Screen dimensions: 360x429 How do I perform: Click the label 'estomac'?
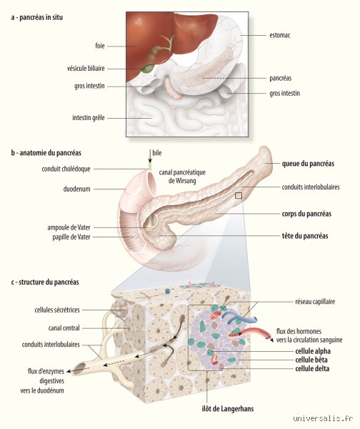pyautogui.click(x=279, y=35)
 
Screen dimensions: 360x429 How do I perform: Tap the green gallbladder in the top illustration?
pyautogui.click(x=148, y=68)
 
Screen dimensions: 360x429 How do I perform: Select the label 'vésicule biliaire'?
pyautogui.click(x=86, y=69)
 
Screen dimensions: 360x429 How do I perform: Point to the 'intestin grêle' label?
pyautogui.click(x=89, y=118)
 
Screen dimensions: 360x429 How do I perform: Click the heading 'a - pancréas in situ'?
pyautogui.click(x=37, y=17)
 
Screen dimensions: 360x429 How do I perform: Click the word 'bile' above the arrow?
pyautogui.click(x=157, y=153)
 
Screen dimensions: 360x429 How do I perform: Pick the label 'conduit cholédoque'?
pyautogui.click(x=66, y=169)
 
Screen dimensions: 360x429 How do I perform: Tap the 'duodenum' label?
pyautogui.click(x=76, y=189)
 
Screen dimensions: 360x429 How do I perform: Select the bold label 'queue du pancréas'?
pyautogui.click(x=308, y=164)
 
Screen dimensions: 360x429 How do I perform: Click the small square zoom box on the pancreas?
pyautogui.click(x=239, y=195)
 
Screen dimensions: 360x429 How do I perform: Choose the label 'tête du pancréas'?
pyautogui.click(x=305, y=236)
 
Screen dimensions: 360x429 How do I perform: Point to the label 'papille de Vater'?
pyautogui.click(x=71, y=237)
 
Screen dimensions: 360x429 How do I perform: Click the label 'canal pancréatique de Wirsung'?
pyautogui.click(x=182, y=177)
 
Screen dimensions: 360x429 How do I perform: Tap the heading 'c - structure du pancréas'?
pyautogui.click(x=45, y=282)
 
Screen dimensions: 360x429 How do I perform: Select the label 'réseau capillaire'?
pyautogui.click(x=315, y=302)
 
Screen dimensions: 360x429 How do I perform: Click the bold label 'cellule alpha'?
pyautogui.click(x=313, y=351)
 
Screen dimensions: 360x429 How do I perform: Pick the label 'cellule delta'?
pyautogui.click(x=312, y=368)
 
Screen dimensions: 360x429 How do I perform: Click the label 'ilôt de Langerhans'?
pyautogui.click(x=227, y=409)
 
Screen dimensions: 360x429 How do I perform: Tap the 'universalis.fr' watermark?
pyautogui.click(x=323, y=418)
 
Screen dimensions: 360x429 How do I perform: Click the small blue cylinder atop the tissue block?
pyautogui.click(x=167, y=292)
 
